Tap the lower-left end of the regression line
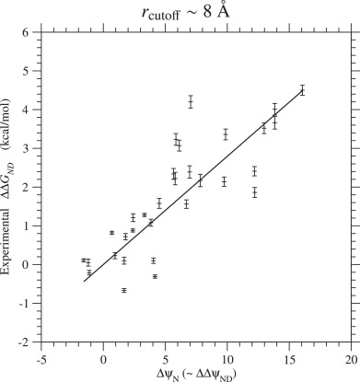tap(84, 281)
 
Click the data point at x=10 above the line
tap(226, 134)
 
